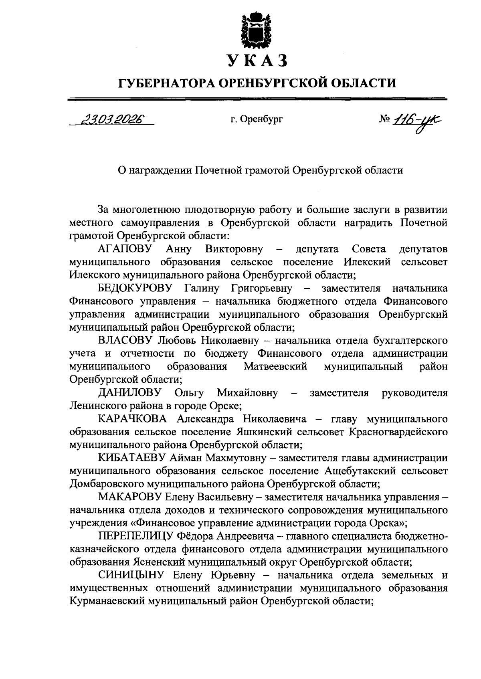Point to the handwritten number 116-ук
point(420,119)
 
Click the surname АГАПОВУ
point(125,249)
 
